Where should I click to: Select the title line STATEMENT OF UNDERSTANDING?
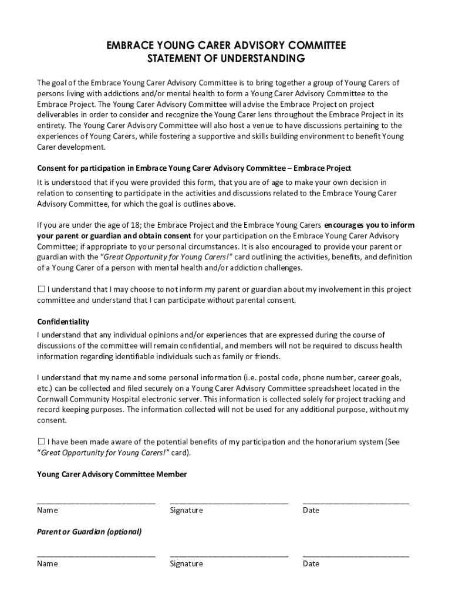[x=225, y=58]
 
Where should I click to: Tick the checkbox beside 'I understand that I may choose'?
[x=41, y=289]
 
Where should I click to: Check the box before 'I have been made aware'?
[x=41, y=441]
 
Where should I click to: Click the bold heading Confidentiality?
[x=63, y=322]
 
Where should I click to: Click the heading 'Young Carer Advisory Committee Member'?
[x=112, y=474]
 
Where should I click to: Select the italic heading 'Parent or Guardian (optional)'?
[x=89, y=532]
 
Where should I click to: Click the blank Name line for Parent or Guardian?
[x=96, y=555]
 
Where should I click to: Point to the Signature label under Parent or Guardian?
[x=186, y=564]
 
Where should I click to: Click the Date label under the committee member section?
[x=311, y=511]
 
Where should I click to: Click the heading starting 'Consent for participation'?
[x=194, y=168]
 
